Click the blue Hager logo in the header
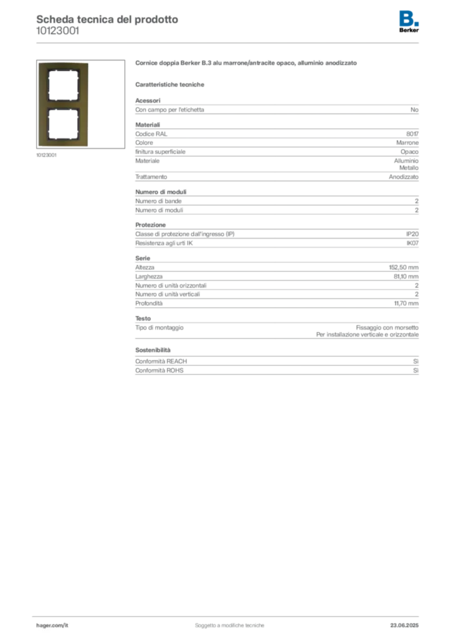point(409,17)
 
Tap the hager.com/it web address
point(52,624)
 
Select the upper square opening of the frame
point(62,85)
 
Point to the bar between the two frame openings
point(62,104)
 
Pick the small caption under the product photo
point(47,156)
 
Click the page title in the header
point(107,19)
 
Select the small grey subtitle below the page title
point(57,35)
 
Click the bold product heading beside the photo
point(246,64)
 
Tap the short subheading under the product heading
point(172,85)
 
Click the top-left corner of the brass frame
point(38,63)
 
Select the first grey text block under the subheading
point(277,108)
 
